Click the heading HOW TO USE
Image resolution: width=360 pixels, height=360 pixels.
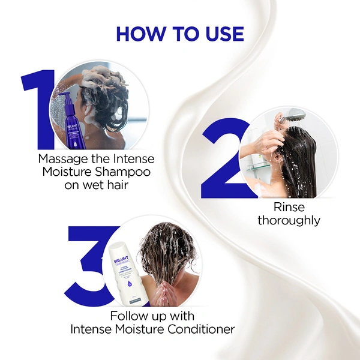coord(179,34)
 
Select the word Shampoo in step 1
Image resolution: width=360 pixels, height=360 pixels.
coord(124,172)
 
